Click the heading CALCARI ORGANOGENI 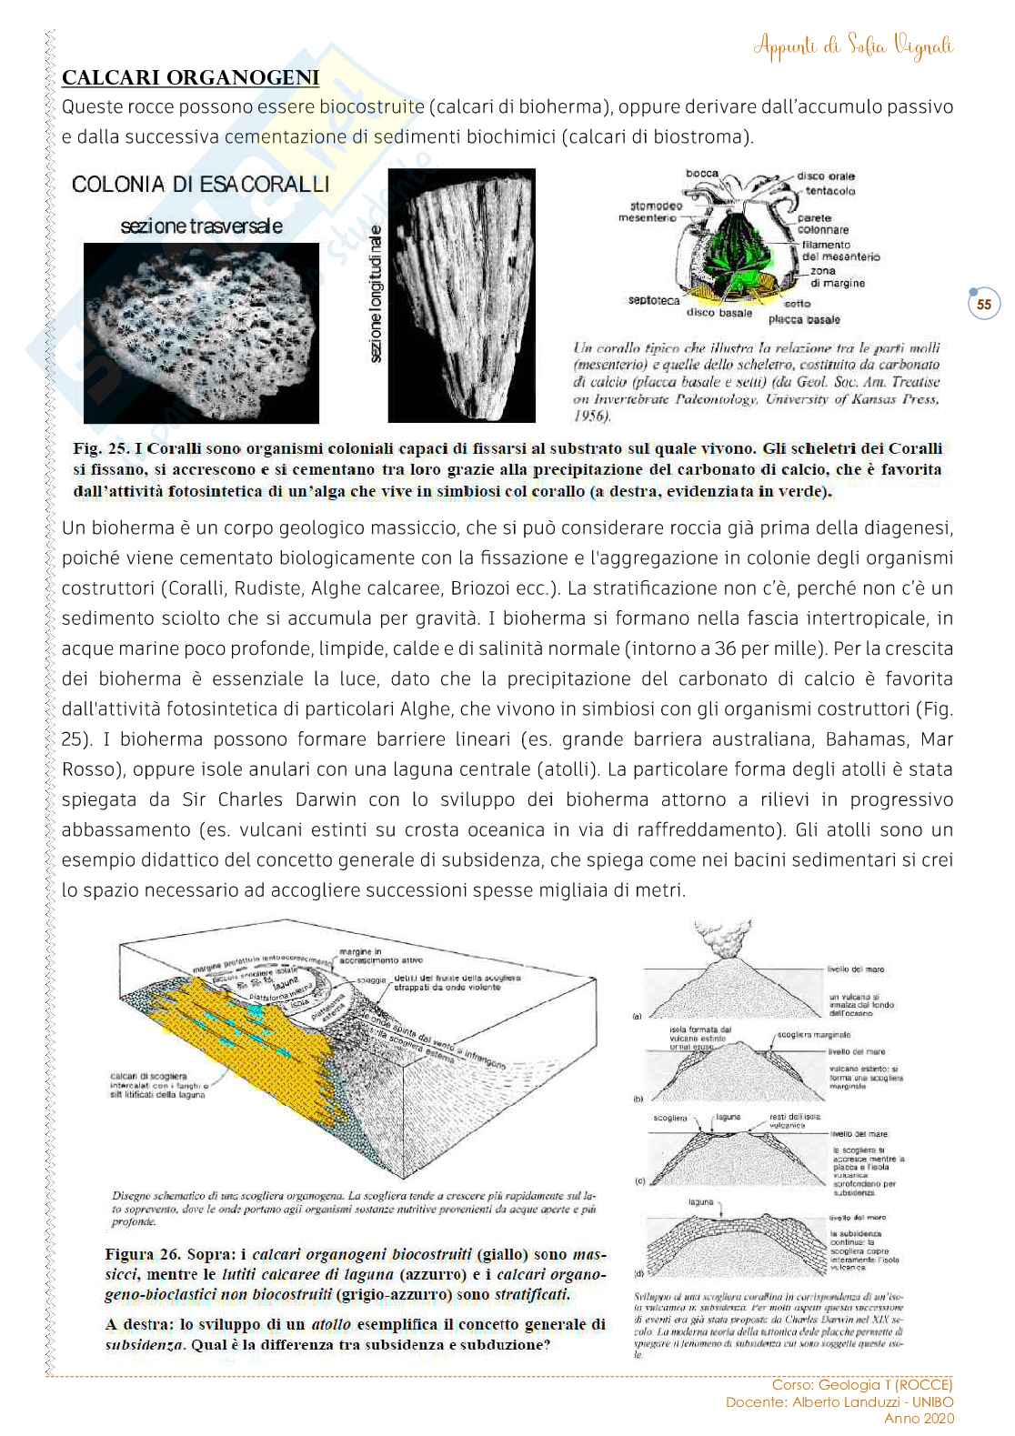point(190,77)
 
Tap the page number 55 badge point(984,305)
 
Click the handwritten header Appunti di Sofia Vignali point(853,45)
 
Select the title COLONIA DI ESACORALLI point(200,185)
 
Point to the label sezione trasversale point(201,226)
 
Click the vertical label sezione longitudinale point(376,296)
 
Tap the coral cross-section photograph point(201,333)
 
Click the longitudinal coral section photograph point(461,296)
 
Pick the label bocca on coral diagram point(701,173)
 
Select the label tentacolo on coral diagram point(829,191)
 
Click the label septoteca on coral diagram point(653,300)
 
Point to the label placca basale point(804,320)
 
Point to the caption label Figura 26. point(143,1255)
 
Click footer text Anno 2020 point(919,1418)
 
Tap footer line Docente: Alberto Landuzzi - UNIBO point(839,1401)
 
